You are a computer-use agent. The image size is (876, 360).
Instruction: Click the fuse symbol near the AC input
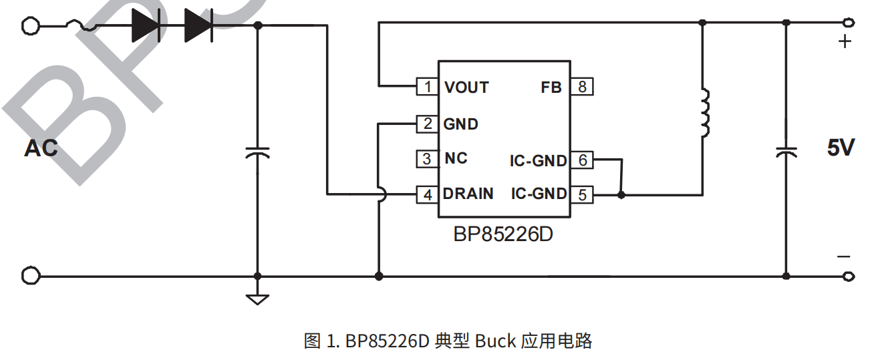tap(81, 26)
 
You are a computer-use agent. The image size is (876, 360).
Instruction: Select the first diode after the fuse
tap(146, 26)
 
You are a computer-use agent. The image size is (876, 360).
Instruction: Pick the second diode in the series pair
tap(198, 26)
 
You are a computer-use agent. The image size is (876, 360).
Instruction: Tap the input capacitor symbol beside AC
tap(257, 152)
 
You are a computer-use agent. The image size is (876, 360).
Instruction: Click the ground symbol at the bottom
tap(257, 298)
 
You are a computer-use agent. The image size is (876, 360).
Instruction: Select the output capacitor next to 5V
tap(786, 151)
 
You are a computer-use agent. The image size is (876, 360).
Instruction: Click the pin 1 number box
tap(427, 87)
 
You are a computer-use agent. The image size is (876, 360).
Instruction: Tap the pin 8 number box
tap(582, 87)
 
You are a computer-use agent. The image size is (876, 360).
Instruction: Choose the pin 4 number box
tap(427, 194)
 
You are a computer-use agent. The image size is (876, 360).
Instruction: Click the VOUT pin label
tap(466, 87)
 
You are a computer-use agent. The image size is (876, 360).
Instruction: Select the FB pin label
tap(551, 87)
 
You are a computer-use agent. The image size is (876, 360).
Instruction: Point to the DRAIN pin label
tap(468, 194)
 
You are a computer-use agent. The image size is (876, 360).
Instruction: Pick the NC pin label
tap(456, 159)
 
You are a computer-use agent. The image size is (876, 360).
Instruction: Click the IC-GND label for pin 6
tap(538, 160)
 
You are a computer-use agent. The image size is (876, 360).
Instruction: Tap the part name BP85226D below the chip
tap(503, 235)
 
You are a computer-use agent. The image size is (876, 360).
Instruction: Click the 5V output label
tap(841, 148)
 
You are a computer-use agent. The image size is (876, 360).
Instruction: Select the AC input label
tap(41, 148)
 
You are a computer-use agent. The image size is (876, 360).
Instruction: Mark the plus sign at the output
tap(845, 42)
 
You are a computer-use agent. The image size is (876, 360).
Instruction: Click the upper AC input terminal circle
tap(30, 26)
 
